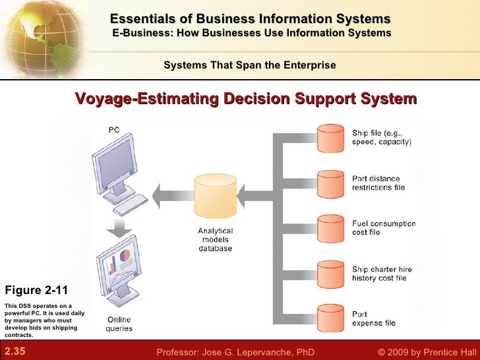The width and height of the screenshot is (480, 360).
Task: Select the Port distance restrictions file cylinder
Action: (x=332, y=183)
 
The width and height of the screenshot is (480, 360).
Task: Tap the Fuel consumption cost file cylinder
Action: (x=332, y=227)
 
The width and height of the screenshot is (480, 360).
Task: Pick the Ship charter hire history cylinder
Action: (x=332, y=272)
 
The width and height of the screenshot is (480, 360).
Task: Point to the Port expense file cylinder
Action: (x=332, y=318)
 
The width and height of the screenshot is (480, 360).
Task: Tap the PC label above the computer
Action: (x=114, y=131)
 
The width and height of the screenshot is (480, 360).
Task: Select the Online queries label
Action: (x=119, y=324)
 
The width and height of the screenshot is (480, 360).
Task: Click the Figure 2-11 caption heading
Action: (x=36, y=290)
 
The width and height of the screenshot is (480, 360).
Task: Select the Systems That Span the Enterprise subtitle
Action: (x=249, y=65)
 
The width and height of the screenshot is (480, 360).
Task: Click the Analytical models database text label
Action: (x=215, y=239)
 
